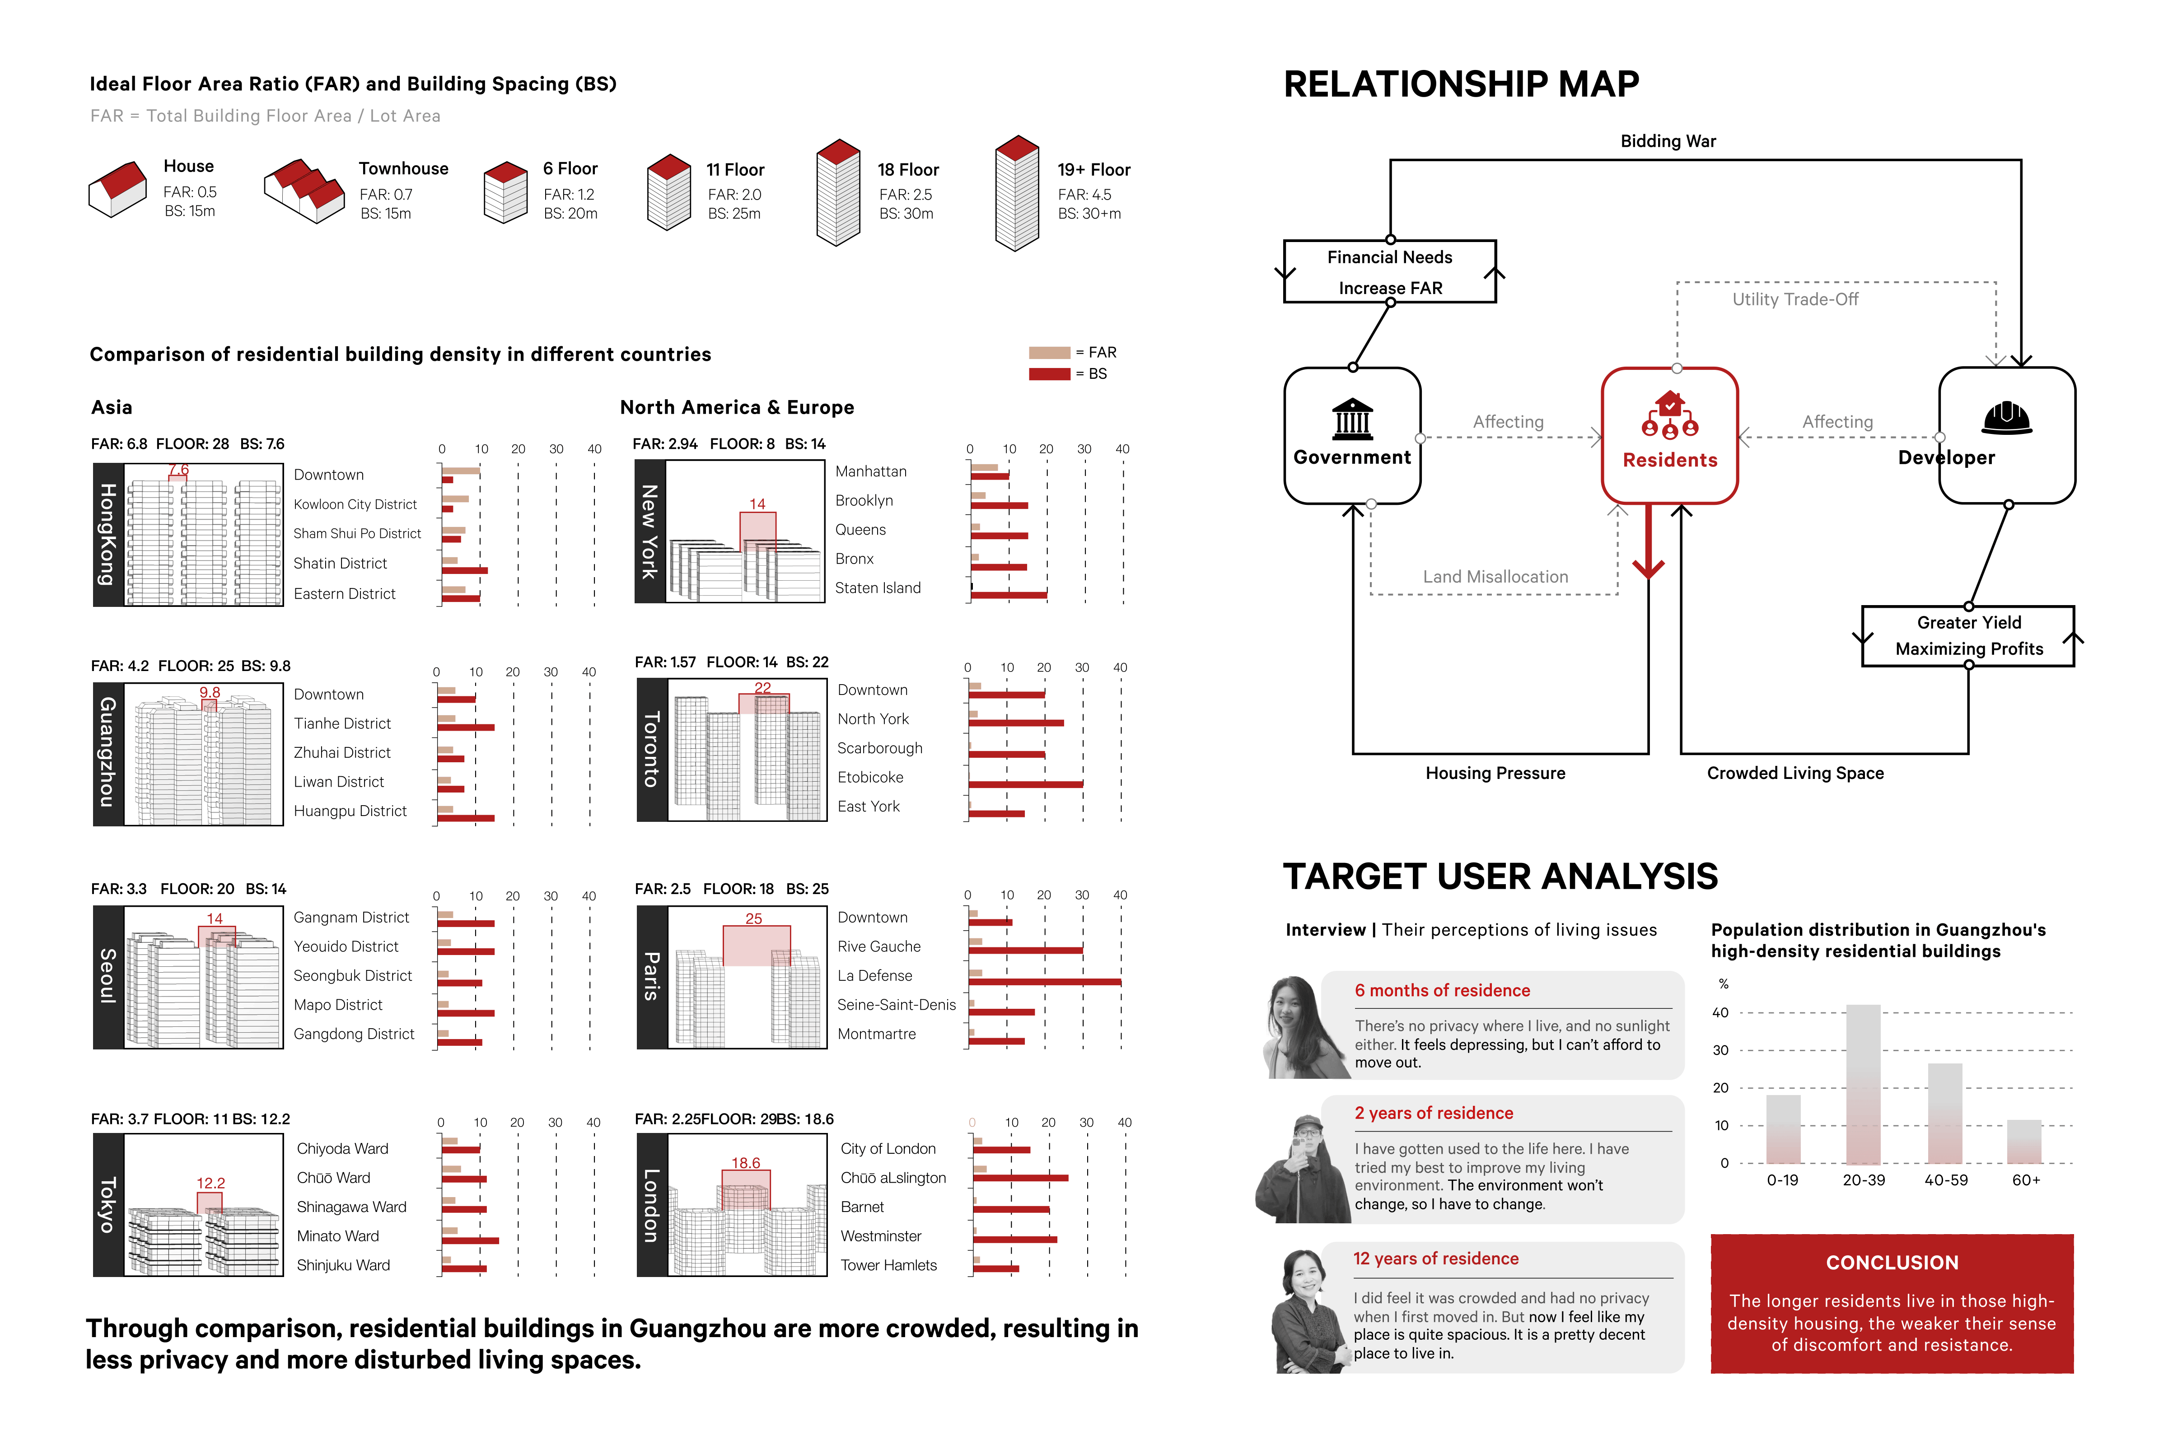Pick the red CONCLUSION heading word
pyautogui.click(x=1892, y=1263)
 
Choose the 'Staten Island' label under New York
pyautogui.click(x=878, y=588)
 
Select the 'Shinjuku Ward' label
pyautogui.click(x=343, y=1265)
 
